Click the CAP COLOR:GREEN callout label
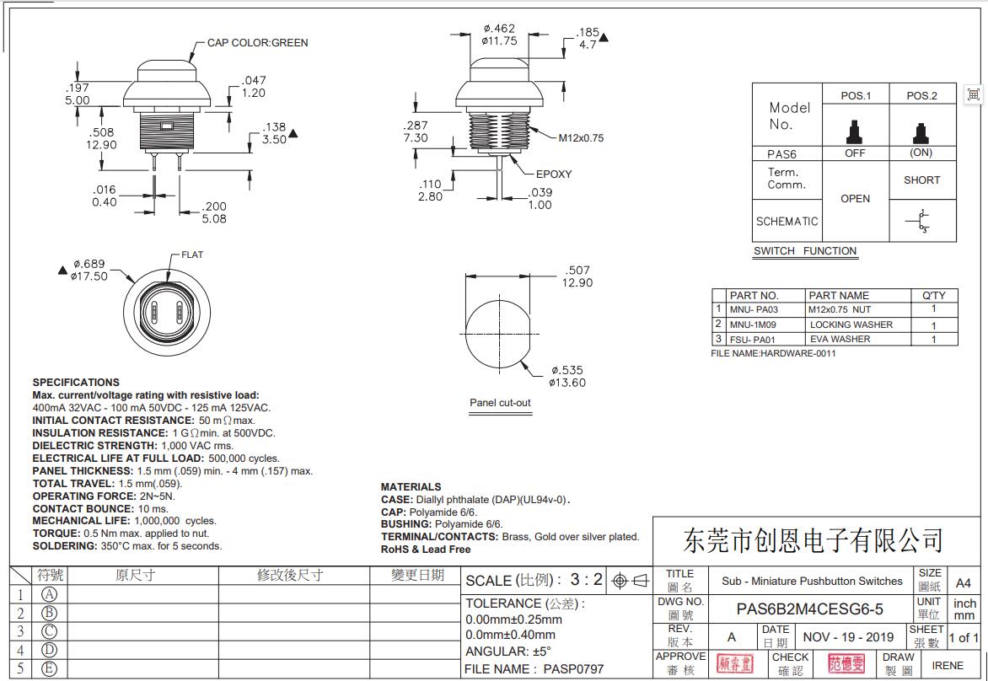257,43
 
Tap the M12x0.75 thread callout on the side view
581,138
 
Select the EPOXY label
554,174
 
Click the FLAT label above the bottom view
192,255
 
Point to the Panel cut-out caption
500,403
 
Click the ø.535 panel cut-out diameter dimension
567,376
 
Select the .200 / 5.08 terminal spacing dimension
214,212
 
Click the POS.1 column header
855,95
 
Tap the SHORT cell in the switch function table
921,180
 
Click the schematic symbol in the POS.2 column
921,221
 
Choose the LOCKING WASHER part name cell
851,324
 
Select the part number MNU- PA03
754,310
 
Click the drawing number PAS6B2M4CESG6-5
809,609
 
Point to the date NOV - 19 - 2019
848,637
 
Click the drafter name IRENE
948,665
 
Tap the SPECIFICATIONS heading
76,383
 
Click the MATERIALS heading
411,487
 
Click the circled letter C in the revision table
49,631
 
